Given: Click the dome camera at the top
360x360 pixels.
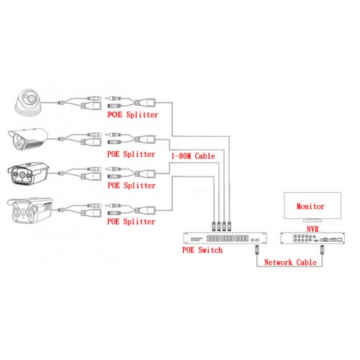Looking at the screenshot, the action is [28, 103].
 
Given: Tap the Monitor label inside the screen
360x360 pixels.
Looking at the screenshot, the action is [310, 207].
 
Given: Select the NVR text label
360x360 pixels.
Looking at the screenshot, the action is [312, 229].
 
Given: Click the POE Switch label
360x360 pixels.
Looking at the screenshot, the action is [202, 250].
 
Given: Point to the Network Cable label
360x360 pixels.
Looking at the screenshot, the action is [290, 262].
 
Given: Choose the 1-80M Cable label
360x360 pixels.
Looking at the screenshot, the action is [193, 156].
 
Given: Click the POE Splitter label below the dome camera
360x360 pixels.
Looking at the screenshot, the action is [132, 114].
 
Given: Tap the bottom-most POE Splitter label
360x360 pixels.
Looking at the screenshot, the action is [131, 221].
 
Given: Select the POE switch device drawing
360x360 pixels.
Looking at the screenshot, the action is [225, 238].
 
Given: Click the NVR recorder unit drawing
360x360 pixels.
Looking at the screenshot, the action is [312, 238].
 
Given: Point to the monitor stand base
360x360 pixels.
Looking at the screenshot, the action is [312, 220].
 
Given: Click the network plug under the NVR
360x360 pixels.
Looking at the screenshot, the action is [322, 250].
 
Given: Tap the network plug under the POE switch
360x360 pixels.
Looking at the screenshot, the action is [257, 250].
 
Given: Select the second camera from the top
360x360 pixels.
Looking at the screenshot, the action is [28, 139].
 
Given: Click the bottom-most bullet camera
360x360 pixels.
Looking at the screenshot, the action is [30, 210].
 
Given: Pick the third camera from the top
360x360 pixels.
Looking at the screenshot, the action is [28, 174].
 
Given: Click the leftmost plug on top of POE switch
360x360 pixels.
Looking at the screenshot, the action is [214, 226].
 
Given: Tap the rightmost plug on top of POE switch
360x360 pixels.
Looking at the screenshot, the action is [229, 226].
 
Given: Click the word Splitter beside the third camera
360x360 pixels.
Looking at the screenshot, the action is [140, 185].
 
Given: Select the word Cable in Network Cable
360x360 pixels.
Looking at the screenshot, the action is [307, 262].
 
